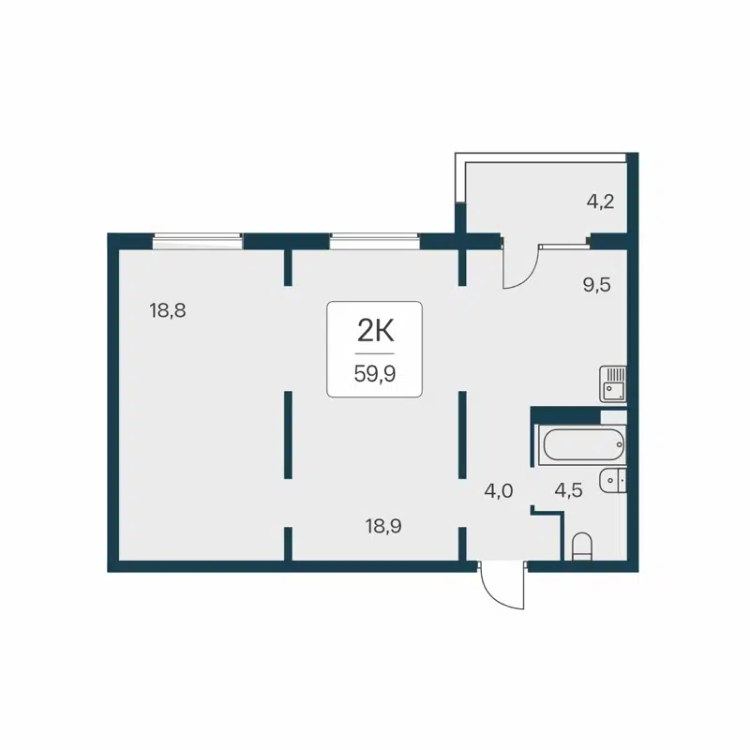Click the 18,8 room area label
(168, 310)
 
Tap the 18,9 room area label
(383, 526)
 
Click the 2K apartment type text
(373, 330)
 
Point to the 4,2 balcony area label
(600, 202)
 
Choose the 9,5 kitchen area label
(596, 286)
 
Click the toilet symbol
(582, 546)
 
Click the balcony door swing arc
(519, 268)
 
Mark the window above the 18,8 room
(198, 242)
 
